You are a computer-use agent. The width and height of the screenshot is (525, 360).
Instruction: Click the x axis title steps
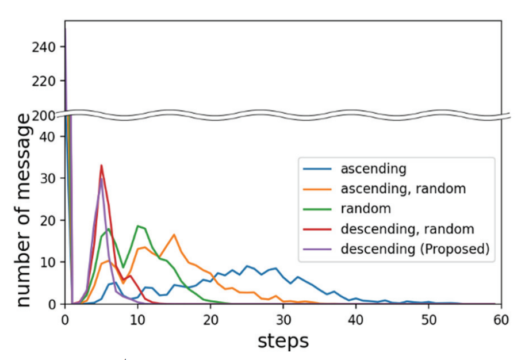(x=283, y=340)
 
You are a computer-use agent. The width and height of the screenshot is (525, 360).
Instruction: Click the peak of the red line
(x=101, y=166)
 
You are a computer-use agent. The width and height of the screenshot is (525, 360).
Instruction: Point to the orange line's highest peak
(x=174, y=235)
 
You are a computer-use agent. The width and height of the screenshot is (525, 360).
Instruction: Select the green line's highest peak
(x=137, y=226)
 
